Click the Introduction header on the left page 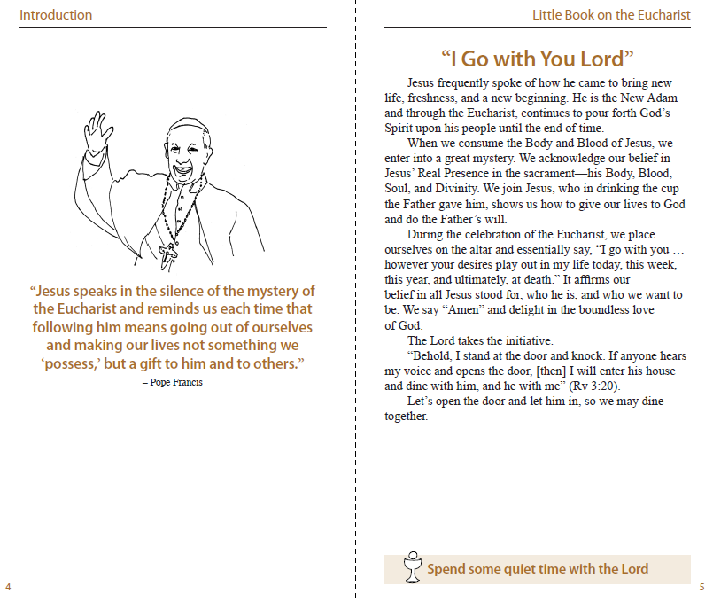55,14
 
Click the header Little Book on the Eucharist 611,14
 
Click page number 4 8,586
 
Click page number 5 701,586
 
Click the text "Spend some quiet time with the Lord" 538,569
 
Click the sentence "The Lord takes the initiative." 479,340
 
